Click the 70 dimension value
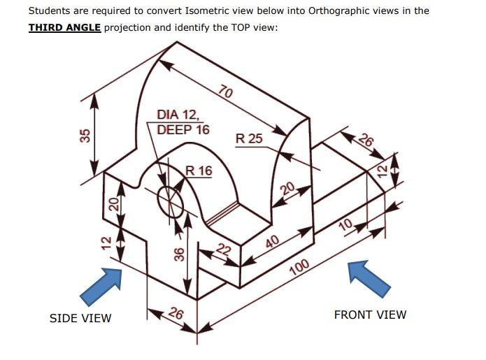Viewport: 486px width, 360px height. [226, 92]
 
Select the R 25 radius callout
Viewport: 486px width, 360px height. [249, 138]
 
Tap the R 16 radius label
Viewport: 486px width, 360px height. [199, 171]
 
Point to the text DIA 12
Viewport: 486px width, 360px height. [178, 115]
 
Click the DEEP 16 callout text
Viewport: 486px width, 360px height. [183, 129]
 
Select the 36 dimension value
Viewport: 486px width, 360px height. [178, 254]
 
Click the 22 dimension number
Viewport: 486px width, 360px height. [223, 250]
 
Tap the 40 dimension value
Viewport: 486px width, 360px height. [273, 242]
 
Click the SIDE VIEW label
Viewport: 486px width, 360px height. [80, 318]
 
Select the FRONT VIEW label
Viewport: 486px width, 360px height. [370, 315]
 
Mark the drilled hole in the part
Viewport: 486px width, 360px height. [170, 201]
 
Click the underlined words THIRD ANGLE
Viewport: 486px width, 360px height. [64, 27]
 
